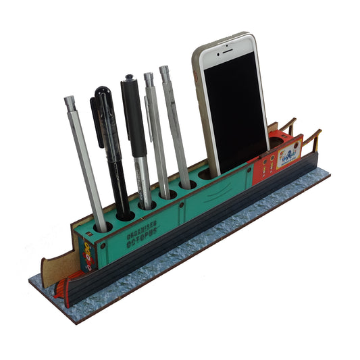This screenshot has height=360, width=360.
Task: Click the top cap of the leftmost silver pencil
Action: pyautogui.click(x=69, y=101)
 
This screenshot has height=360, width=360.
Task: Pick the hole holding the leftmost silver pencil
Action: pyautogui.click(x=103, y=227)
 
